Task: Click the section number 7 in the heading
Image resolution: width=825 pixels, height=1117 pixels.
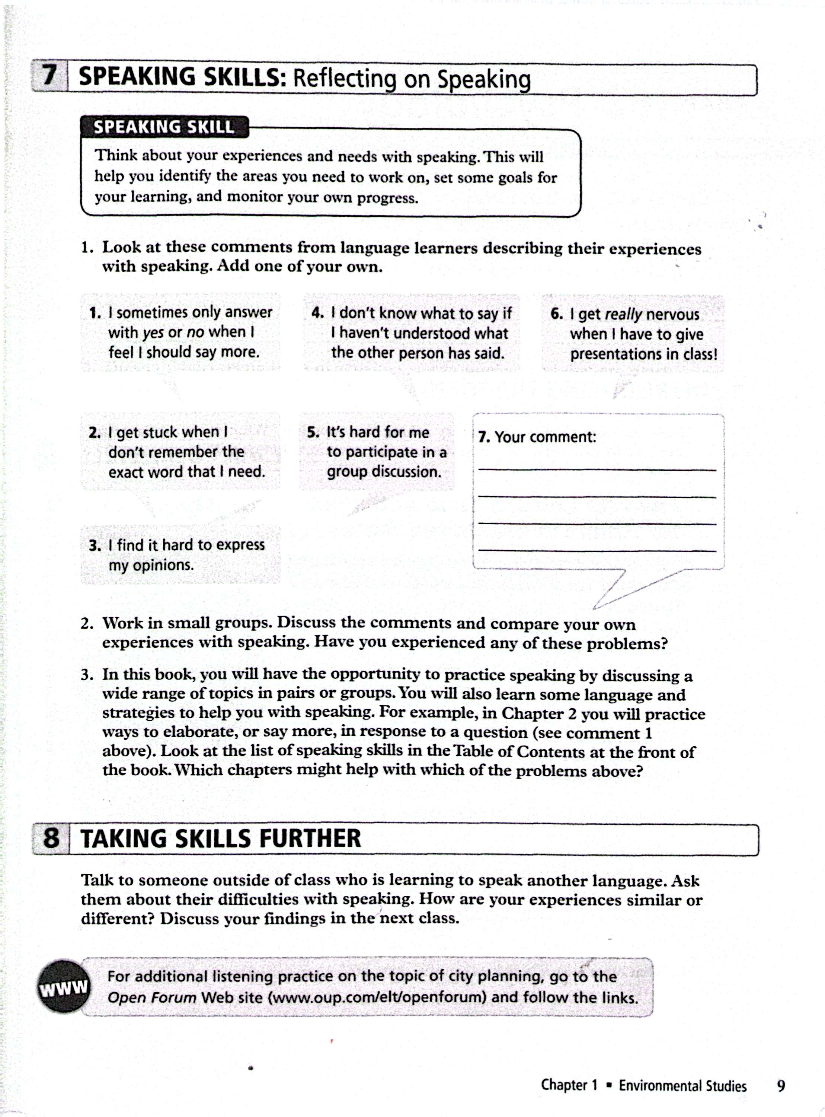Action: [49, 76]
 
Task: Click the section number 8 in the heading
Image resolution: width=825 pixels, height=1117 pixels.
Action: [51, 838]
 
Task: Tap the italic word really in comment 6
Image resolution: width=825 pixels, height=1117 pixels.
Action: [623, 314]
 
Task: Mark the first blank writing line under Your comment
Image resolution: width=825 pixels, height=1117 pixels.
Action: [597, 470]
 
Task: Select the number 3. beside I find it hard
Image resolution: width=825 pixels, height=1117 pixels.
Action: [95, 545]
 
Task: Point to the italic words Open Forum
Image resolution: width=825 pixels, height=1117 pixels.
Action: [152, 997]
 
